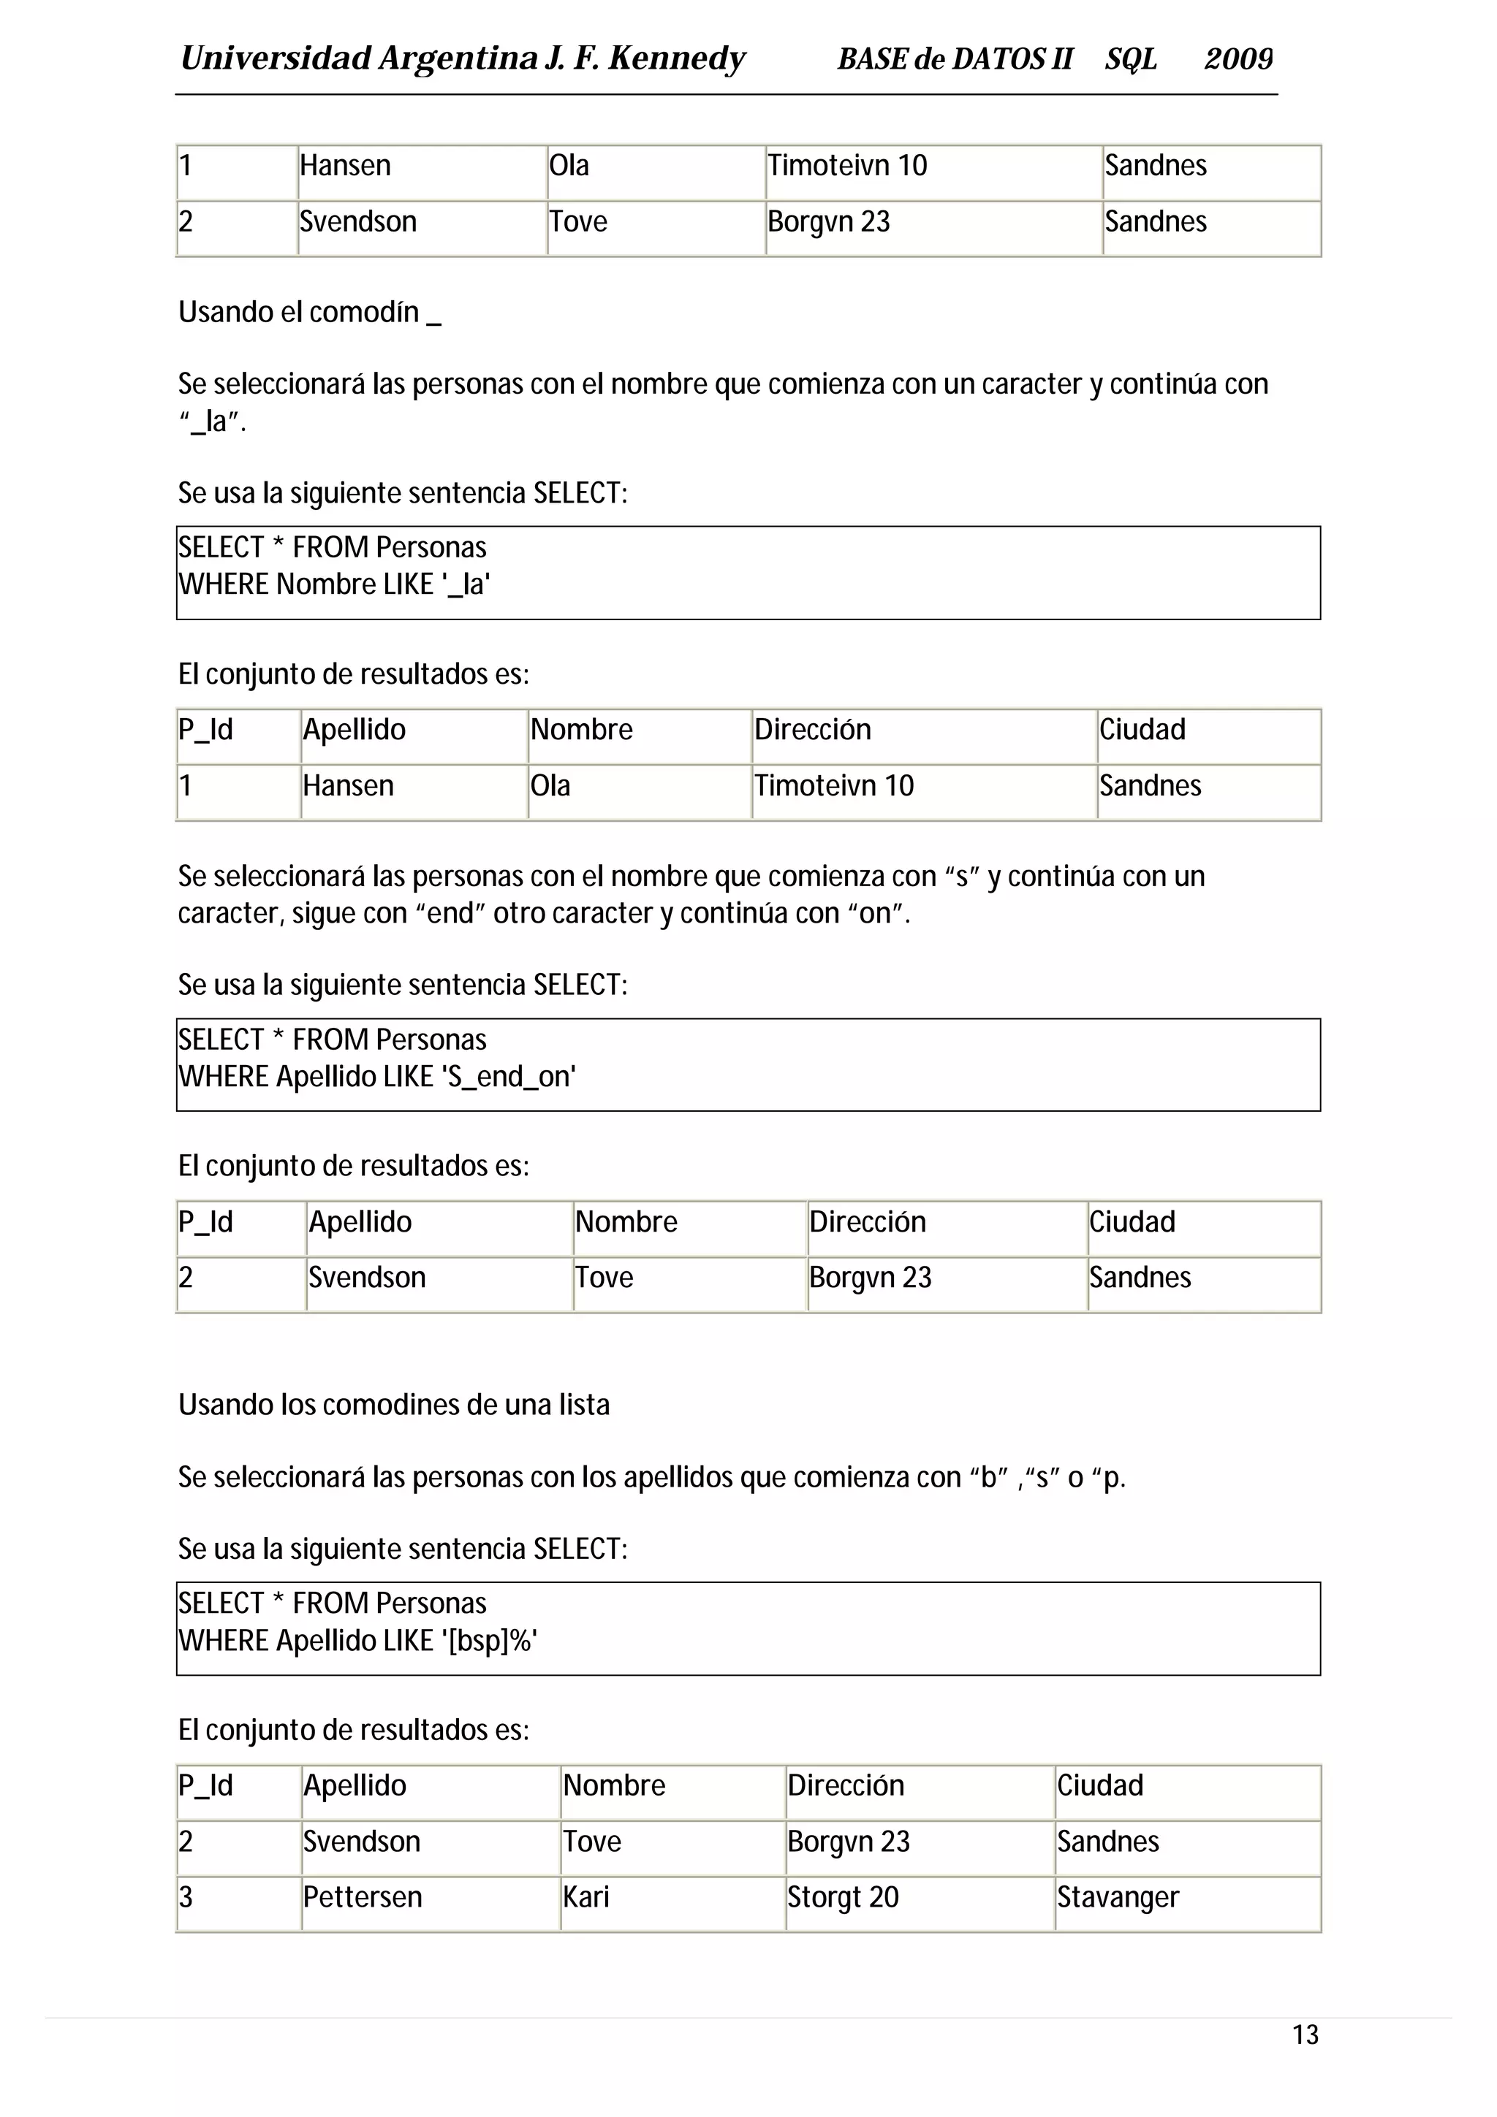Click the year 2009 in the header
click(x=1238, y=59)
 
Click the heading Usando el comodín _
click(x=309, y=313)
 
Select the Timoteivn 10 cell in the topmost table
click(x=846, y=166)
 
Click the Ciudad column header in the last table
click(x=1099, y=1785)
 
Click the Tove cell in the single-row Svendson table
click(x=605, y=1277)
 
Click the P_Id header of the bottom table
click(x=205, y=1785)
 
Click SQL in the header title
click(x=1131, y=59)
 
